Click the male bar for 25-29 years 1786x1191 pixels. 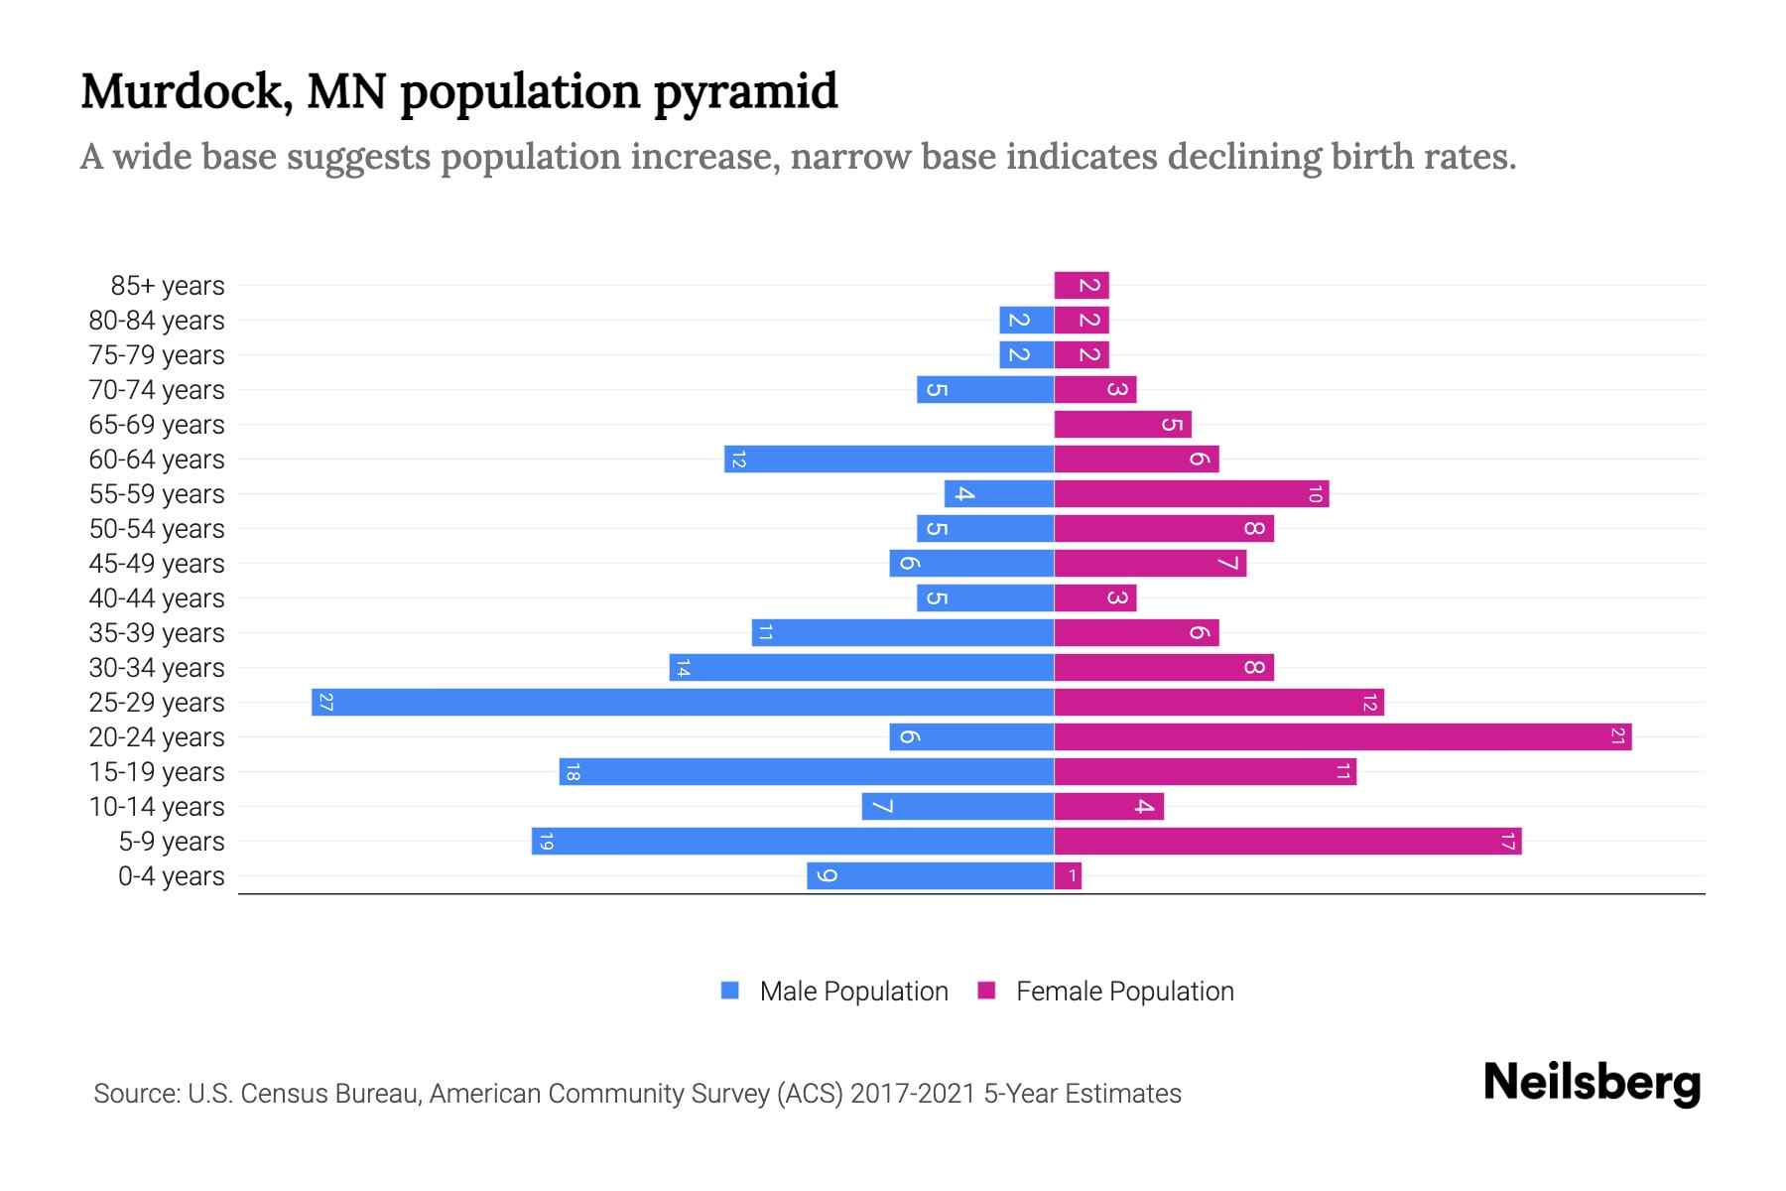tap(683, 702)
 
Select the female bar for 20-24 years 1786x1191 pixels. tap(1342, 736)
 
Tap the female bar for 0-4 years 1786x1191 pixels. tap(1068, 875)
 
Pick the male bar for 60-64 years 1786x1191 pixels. tap(889, 459)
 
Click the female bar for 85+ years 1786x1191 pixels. tap(1082, 285)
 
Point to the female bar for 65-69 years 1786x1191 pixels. tap(1122, 424)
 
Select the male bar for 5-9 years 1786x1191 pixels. tap(792, 841)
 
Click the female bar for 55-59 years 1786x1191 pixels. tap(1191, 493)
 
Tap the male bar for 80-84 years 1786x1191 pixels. tap(1026, 320)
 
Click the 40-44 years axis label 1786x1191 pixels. tap(157, 598)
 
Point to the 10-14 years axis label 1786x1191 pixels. tap(157, 807)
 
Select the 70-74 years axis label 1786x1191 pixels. tap(157, 390)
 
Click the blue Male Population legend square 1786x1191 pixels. tap(730, 991)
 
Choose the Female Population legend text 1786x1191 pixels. tap(1124, 991)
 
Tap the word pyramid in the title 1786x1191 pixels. tap(745, 92)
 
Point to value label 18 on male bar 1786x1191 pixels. tap(572, 772)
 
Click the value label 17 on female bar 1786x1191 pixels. tap(1507, 842)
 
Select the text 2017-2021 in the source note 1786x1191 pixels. tap(913, 1094)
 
